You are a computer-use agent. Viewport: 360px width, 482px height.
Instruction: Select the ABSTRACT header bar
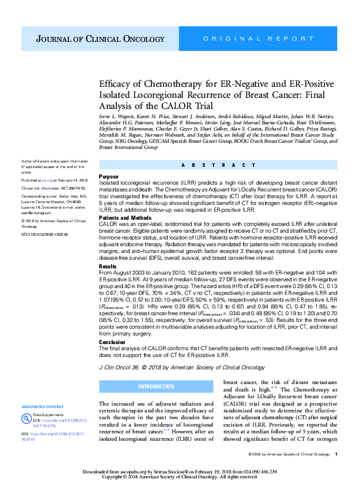pos(220,165)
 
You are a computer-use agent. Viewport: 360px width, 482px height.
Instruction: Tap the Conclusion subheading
pos(113,341)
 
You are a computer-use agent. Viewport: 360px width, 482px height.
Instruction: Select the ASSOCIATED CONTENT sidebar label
pos(42,407)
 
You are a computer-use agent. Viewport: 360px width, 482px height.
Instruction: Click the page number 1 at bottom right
pos(336,454)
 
